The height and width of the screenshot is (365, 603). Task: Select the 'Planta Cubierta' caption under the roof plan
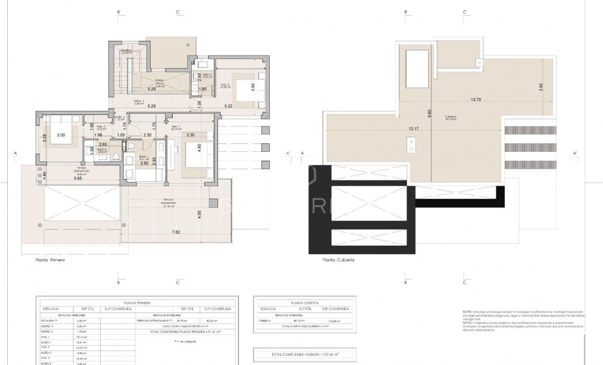pos(338,261)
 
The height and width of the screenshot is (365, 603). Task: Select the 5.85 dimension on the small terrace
pos(61,178)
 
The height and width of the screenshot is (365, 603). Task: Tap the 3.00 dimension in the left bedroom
pos(61,136)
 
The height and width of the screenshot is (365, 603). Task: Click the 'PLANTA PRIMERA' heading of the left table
pos(136,302)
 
